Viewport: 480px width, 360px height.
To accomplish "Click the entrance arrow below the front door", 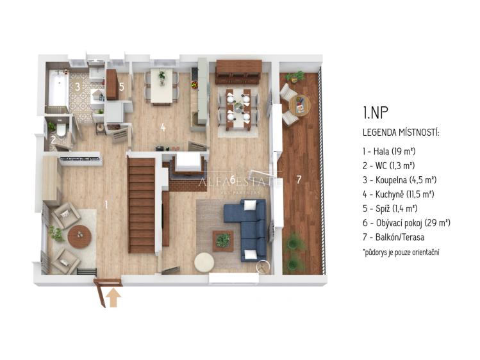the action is click(113, 298).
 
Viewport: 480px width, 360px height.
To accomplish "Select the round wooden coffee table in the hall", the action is click(79, 236).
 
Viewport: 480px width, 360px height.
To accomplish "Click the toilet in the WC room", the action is click(62, 129).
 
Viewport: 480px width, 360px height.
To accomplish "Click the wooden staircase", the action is click(142, 205).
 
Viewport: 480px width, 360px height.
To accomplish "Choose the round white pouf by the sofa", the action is click(204, 262).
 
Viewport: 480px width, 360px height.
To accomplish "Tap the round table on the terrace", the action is click(299, 105).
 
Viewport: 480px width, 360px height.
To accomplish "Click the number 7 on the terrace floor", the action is click(299, 179).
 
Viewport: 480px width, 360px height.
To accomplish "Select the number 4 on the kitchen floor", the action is click(163, 127).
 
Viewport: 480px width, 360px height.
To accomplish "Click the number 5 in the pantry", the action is click(122, 87).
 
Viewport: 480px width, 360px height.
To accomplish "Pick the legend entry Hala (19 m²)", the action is click(389, 151).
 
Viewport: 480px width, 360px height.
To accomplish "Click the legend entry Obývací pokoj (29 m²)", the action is click(406, 223).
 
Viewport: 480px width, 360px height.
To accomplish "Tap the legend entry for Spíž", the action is click(390, 209).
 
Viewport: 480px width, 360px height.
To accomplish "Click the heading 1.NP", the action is click(376, 112).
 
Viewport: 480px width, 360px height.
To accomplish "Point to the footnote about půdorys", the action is click(401, 252).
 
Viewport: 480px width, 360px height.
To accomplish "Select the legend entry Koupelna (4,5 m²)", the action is click(399, 180).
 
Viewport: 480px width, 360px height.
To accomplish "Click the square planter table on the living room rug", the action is click(223, 241).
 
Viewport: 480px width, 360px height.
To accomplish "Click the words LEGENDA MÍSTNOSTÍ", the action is click(401, 133).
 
